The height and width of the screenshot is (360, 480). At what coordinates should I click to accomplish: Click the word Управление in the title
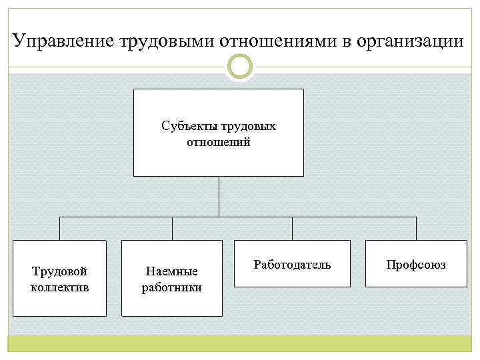[64, 41]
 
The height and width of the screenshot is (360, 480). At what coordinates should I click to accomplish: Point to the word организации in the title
[409, 41]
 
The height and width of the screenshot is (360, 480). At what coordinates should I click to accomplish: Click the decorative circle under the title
[240, 67]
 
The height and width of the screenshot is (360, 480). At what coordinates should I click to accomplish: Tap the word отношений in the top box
[219, 142]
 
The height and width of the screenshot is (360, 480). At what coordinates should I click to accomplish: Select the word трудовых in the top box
[247, 126]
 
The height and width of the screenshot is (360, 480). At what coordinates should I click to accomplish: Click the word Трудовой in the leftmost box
[60, 271]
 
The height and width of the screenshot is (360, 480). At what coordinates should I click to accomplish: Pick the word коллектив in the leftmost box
[60, 287]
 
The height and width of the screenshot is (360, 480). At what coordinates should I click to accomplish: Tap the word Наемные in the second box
[172, 272]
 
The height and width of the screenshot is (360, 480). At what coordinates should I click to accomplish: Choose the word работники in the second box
[172, 288]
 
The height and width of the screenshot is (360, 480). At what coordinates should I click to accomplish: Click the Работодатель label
[292, 265]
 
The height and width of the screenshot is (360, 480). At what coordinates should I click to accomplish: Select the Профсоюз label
[416, 265]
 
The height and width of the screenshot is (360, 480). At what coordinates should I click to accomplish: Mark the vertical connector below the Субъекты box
[219, 197]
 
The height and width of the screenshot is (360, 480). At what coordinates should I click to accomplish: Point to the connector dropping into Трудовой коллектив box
[60, 229]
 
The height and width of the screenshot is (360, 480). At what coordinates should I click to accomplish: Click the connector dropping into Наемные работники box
[172, 229]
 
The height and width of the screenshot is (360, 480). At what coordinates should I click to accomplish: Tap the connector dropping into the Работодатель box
[292, 229]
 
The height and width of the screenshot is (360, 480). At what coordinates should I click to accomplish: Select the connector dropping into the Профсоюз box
[416, 229]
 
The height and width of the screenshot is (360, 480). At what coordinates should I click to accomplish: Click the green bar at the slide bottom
[240, 344]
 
